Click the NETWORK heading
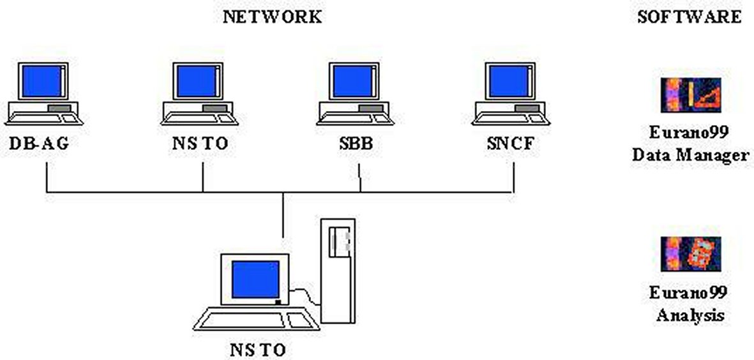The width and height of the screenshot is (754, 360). [272, 17]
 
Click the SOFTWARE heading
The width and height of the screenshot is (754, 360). [689, 17]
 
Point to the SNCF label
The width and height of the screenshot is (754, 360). [509, 144]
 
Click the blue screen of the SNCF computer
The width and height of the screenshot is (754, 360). [509, 81]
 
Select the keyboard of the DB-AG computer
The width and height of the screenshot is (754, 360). [38, 118]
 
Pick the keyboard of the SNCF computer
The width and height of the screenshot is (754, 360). [504, 118]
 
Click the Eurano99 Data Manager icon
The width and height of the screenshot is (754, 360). [690, 95]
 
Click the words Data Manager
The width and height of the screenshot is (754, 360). [690, 155]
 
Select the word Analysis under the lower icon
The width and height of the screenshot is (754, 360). [690, 315]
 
